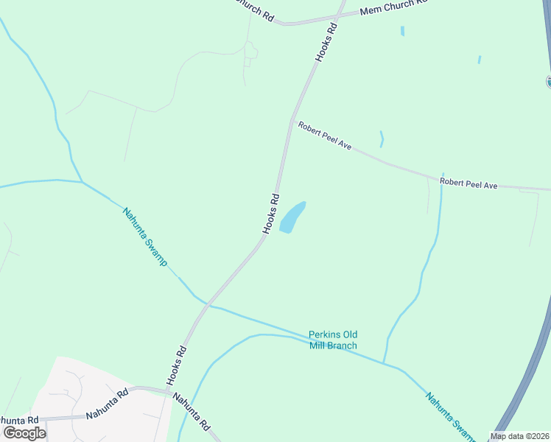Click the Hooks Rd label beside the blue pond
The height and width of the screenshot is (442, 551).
tap(271, 214)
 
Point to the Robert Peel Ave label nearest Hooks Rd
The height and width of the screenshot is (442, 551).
tap(324, 136)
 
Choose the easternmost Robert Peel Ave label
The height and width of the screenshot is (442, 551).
tap(468, 183)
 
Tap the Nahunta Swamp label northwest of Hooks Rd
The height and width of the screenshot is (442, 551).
tap(145, 236)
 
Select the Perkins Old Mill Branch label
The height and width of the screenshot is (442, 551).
tap(333, 340)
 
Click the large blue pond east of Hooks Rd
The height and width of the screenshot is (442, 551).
tap(292, 217)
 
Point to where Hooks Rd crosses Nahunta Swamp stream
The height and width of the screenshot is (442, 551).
tap(208, 304)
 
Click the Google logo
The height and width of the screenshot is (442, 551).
tap(25, 432)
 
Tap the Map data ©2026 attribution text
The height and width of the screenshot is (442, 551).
tap(519, 436)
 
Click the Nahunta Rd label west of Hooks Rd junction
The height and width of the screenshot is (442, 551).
tap(107, 404)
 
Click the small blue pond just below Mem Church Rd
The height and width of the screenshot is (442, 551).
tap(402, 32)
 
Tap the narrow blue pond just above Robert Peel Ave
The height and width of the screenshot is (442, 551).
tap(381, 138)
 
